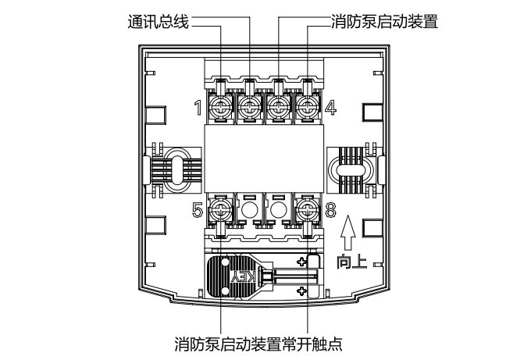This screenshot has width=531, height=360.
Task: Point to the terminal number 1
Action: click(x=198, y=107)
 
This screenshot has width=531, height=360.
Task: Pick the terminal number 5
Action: click(x=198, y=209)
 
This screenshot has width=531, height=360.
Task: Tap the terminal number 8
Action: click(x=330, y=209)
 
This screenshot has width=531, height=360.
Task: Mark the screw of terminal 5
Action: click(x=221, y=209)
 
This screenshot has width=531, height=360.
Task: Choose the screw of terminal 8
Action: click(x=307, y=209)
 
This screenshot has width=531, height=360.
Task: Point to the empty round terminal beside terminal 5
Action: click(x=250, y=209)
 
